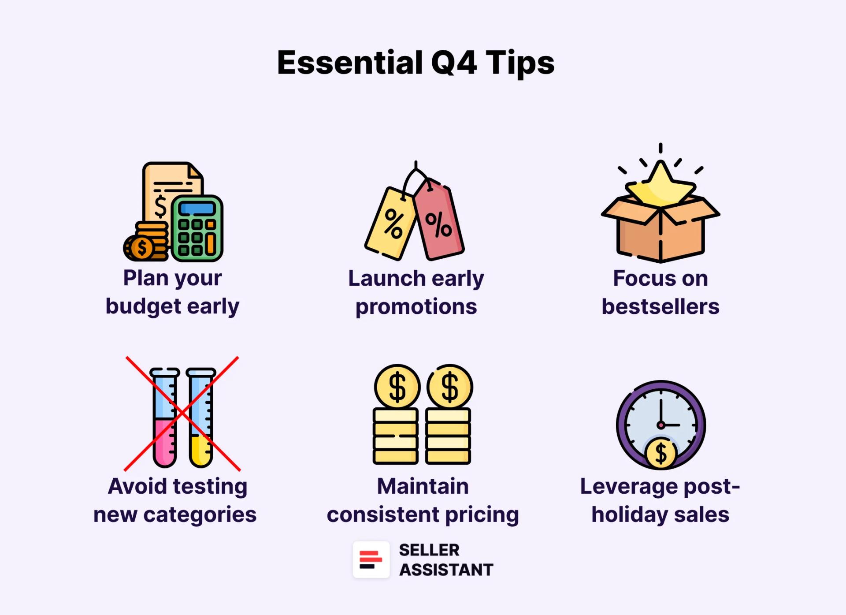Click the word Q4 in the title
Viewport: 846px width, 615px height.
453,63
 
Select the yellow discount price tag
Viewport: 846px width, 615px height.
390,223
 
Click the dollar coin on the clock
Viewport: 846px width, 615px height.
660,454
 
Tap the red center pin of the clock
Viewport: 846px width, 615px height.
660,425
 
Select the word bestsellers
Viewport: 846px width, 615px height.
660,306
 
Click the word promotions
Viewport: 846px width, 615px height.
416,306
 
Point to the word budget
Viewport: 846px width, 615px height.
144,306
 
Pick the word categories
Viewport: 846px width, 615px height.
200,514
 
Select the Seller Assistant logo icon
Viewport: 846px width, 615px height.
371,559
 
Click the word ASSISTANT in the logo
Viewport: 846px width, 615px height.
446,570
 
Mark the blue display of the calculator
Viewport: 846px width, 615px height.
197,209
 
